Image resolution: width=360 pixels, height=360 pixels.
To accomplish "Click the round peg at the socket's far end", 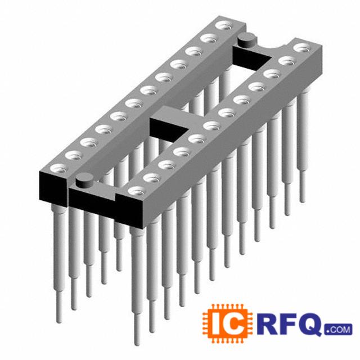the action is coord(247,40).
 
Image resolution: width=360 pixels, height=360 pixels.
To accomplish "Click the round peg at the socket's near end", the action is coord(84,180).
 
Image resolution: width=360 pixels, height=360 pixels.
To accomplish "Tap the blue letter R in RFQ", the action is coord(268,323).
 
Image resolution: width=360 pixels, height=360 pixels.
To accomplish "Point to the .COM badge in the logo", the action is coord(338,330).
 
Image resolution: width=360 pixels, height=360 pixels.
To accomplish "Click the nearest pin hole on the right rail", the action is coord(137,191).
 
